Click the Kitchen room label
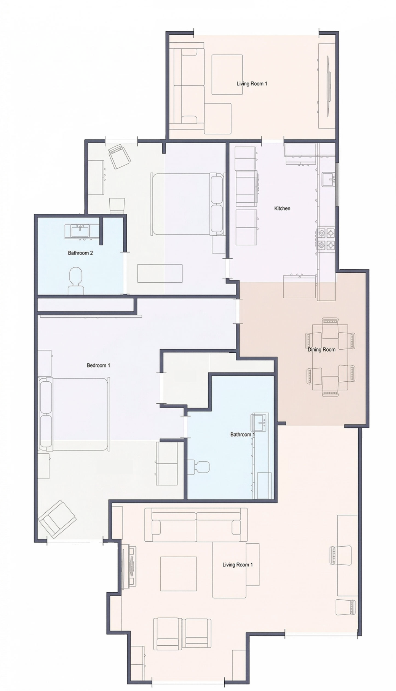282,208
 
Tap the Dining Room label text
321,349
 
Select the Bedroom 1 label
98,365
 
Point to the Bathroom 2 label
80,253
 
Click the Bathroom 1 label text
243,434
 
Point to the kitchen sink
328,179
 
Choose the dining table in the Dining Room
330,357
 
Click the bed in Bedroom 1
74,414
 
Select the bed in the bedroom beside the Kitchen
188,204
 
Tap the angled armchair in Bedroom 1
57,519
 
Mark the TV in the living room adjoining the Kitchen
328,86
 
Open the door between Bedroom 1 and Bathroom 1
186,427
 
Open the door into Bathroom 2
125,273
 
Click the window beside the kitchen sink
337,185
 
